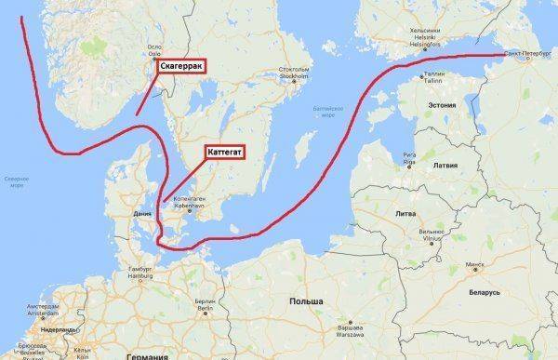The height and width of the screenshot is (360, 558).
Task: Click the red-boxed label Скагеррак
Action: coord(184,66)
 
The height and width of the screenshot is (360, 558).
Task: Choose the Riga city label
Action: coord(408,157)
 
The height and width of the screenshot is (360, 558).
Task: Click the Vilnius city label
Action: coord(430,233)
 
